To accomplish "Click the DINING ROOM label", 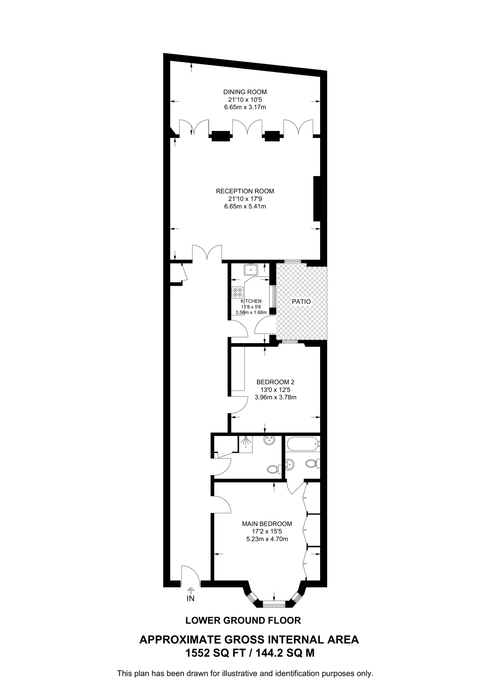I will [245, 92].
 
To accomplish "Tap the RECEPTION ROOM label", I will [245, 191].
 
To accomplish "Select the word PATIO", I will [301, 302].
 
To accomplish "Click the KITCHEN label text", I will [251, 301].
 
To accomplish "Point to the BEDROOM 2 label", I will [275, 382].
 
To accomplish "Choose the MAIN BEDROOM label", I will [267, 524].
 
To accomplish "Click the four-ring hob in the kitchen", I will [237, 292].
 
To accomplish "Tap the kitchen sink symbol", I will [251, 270].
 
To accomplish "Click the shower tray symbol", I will [245, 444].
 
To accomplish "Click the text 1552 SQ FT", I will [215, 653].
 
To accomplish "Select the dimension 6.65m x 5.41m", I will [245, 206].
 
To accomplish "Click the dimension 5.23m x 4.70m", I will [267, 539].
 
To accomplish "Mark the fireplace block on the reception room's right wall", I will [317, 199].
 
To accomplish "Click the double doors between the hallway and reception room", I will [207, 254].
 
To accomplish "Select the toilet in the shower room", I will [272, 469].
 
